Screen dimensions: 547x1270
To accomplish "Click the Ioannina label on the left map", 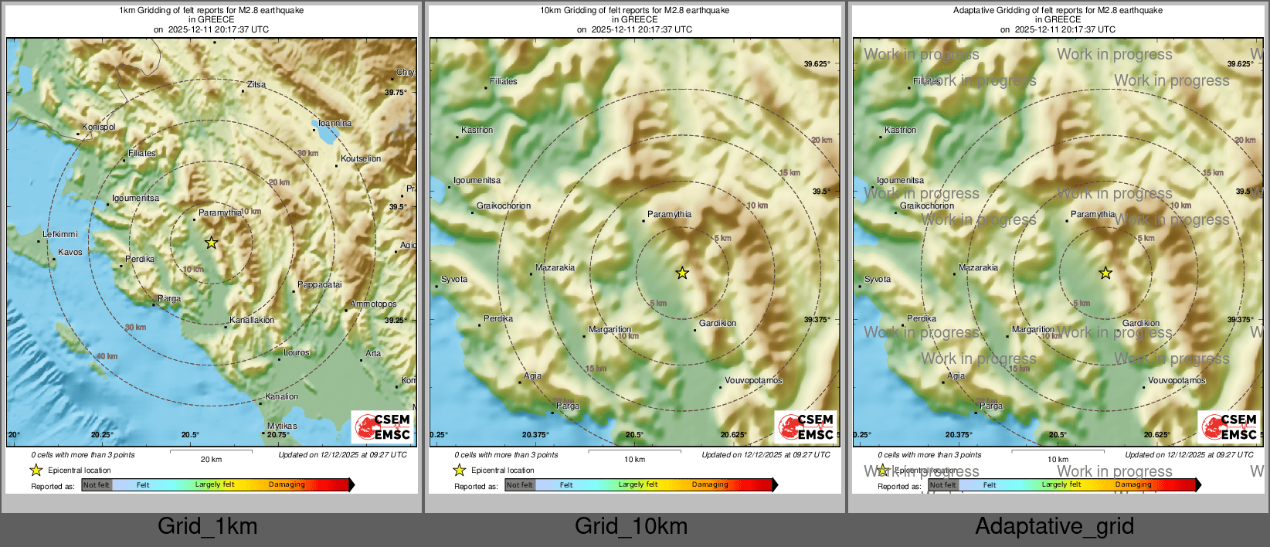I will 334,123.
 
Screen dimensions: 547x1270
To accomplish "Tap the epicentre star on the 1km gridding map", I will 211,243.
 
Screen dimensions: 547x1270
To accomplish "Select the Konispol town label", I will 99,127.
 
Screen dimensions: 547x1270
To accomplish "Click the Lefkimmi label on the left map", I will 60,234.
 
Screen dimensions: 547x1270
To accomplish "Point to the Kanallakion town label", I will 252,320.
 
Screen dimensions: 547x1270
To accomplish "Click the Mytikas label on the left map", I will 282,426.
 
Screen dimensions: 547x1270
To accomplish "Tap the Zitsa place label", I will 256,84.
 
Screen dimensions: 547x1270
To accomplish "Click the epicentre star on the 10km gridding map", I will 681,273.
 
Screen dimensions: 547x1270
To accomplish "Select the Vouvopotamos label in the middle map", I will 753,380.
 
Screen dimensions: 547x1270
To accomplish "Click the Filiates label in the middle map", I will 503,81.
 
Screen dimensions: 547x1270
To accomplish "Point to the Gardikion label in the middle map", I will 718,323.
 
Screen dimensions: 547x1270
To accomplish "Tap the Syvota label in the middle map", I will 454,279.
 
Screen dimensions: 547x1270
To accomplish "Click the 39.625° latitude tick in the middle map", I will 817,64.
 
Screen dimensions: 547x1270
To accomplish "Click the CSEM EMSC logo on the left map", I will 382,426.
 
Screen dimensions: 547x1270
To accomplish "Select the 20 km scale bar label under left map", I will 211,459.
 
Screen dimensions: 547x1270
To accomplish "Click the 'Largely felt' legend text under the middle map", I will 638,484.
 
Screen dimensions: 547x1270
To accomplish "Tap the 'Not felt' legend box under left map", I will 97,484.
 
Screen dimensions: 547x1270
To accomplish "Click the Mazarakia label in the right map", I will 978,267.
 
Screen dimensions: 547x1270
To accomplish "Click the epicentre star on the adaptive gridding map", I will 1105,273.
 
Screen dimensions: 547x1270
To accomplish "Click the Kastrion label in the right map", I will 900,130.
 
